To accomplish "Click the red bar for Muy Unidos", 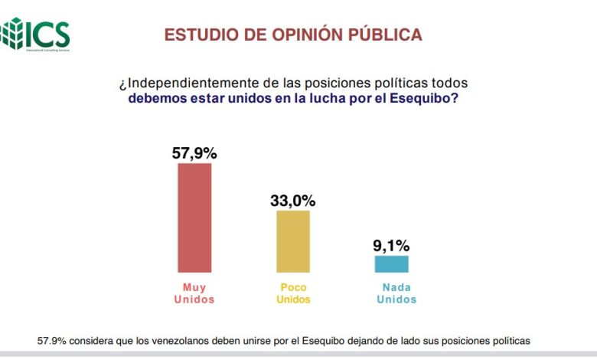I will click(194, 218).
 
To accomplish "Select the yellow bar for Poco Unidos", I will click(293, 241).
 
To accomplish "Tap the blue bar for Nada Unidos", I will click(391, 264).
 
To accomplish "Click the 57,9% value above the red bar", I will click(194, 153).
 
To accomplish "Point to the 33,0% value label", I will click(293, 201).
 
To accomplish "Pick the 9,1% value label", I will click(392, 246).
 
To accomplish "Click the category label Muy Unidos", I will click(194, 293).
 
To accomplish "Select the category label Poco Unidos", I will click(293, 293).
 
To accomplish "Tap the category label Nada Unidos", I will click(392, 293).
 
